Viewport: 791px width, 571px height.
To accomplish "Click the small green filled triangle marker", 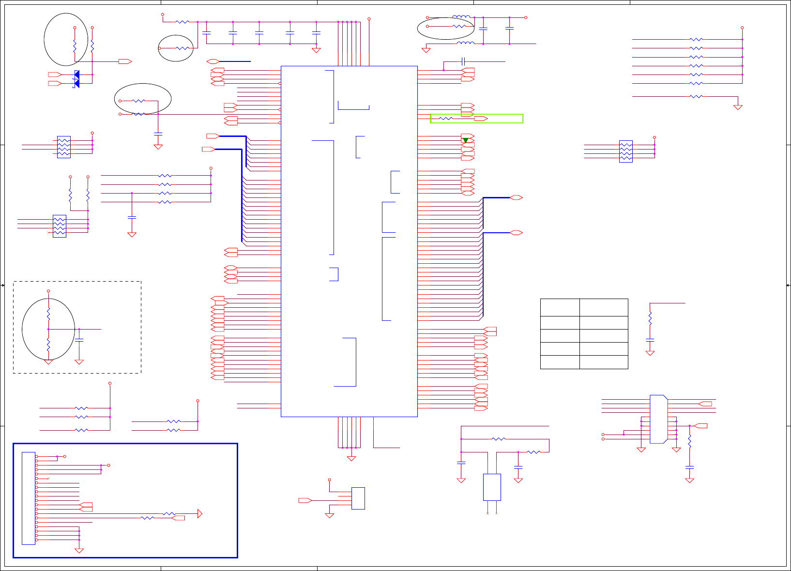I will [x=465, y=140].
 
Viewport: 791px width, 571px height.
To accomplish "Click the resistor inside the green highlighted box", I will [x=446, y=119].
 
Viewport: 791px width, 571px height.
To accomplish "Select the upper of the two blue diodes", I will [x=76, y=74].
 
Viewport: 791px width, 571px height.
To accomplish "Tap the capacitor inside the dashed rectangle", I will [x=79, y=341].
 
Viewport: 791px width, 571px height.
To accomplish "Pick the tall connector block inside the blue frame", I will [x=29, y=498].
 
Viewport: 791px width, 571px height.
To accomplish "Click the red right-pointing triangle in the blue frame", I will [x=200, y=513].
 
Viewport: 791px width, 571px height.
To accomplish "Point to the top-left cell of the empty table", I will [x=560, y=307].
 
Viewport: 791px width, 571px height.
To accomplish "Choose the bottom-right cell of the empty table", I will [x=604, y=362].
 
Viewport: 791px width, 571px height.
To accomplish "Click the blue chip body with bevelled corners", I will [x=658, y=419].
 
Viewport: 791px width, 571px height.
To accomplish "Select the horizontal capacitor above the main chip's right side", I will [x=463, y=61].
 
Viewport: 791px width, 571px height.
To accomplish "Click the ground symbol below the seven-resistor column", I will [x=738, y=107].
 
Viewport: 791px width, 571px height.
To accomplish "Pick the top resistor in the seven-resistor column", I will [x=696, y=39].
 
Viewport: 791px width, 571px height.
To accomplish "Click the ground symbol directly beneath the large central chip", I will [x=351, y=458].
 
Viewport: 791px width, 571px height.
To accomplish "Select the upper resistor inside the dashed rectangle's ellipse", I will [x=48, y=314].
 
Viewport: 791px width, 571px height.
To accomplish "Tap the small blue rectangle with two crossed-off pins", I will [x=492, y=487].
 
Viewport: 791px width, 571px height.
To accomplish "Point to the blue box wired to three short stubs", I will [x=358, y=498].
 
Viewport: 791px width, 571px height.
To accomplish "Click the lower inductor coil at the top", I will [x=465, y=43].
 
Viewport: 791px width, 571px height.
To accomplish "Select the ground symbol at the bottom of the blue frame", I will [x=79, y=550].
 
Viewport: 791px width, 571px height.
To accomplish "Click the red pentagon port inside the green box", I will [x=481, y=119].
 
